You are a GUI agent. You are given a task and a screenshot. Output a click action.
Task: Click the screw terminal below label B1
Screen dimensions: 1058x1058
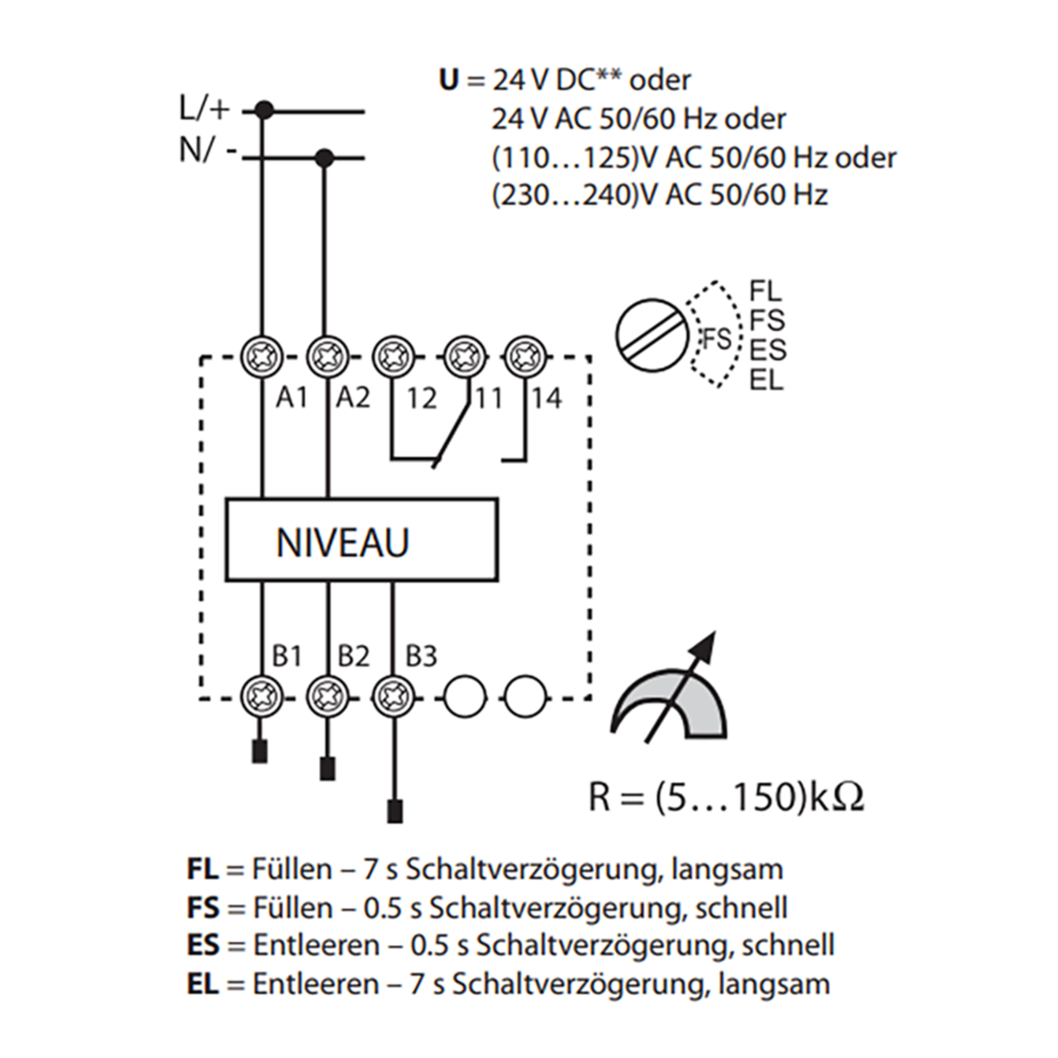pyautogui.click(x=262, y=698)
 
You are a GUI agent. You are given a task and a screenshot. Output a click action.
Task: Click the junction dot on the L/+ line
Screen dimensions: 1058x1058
pyautogui.click(x=264, y=110)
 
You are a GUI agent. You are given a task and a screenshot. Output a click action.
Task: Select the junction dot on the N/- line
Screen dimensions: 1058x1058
pyautogui.click(x=325, y=158)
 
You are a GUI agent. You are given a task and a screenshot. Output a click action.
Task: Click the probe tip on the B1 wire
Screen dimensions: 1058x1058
pyautogui.click(x=260, y=751)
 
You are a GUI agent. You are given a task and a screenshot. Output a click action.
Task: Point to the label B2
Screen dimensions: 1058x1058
pyautogui.click(x=353, y=656)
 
